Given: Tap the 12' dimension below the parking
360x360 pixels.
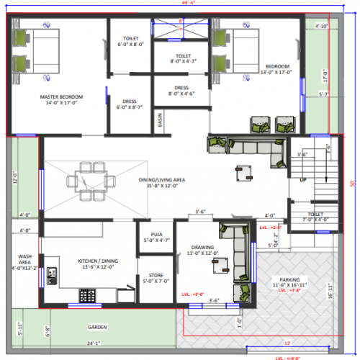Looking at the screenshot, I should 288,343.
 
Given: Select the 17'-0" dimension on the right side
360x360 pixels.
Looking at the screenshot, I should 325,74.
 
